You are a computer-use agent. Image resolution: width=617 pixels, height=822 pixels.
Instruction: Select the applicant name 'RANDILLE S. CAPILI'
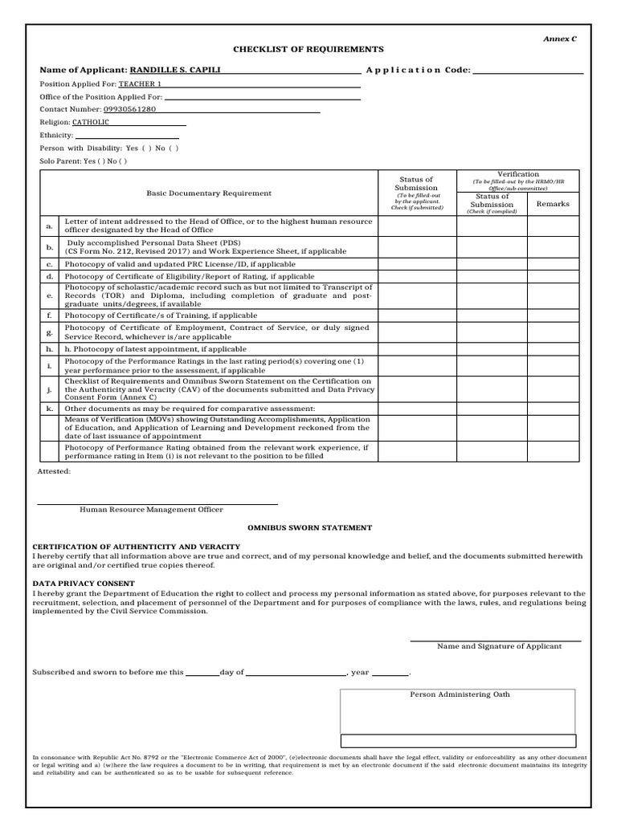click(x=175, y=70)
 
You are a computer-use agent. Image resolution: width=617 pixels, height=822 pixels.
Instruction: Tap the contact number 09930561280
click(x=129, y=109)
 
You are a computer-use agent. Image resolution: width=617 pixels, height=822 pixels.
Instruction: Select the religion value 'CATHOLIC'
click(x=91, y=122)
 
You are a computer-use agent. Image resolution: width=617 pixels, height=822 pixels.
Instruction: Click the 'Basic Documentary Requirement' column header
click(x=209, y=193)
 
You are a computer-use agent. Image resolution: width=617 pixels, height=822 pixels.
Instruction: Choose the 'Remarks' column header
click(x=553, y=204)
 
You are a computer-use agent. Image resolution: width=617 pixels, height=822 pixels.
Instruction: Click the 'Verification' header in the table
click(x=518, y=174)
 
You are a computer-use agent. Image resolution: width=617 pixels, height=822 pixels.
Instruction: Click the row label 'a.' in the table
click(x=49, y=226)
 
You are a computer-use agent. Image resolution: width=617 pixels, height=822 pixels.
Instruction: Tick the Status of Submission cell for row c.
click(x=417, y=264)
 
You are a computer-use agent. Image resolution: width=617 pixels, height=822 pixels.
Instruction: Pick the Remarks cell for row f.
click(x=553, y=315)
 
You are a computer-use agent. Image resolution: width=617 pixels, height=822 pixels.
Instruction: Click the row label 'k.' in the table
click(x=49, y=409)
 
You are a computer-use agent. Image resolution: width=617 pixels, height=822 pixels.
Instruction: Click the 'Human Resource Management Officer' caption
click(x=151, y=510)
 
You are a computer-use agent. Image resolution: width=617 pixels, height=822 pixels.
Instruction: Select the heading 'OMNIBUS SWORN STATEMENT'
click(x=309, y=527)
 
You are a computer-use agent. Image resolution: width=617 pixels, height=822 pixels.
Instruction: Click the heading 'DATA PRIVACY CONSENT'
click(x=84, y=583)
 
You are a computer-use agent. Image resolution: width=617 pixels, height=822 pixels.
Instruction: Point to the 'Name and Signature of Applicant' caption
click(x=499, y=646)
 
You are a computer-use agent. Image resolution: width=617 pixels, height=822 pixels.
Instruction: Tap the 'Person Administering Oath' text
click(x=460, y=694)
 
